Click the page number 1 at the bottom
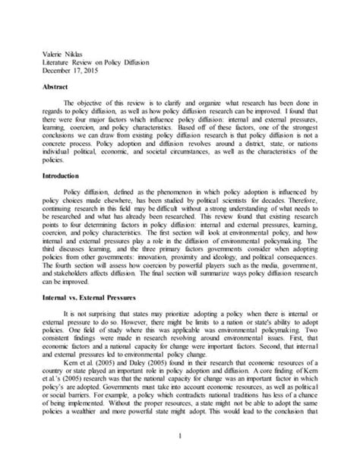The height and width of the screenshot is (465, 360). pos(180,435)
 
